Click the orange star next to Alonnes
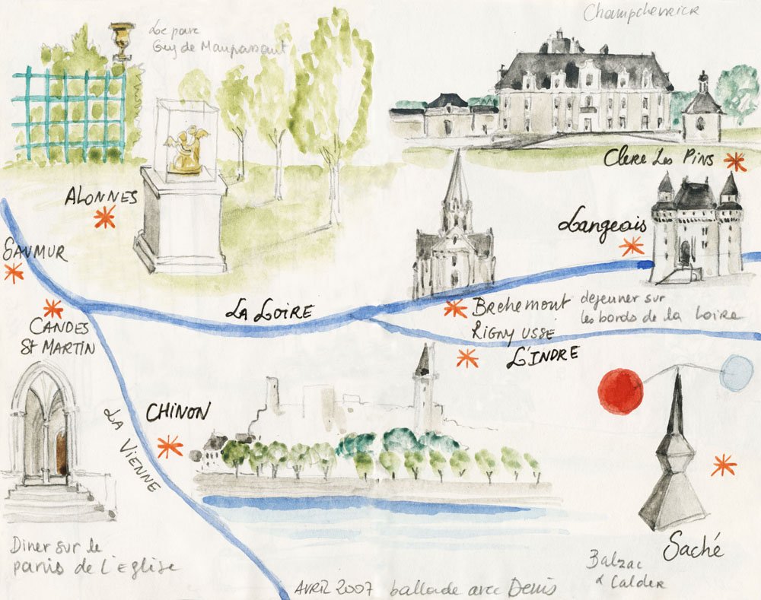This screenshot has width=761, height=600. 103,218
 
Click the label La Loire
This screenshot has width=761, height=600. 260,310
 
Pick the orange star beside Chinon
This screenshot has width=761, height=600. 169,446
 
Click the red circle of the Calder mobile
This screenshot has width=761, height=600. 621,392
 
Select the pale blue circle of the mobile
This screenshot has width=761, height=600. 736,374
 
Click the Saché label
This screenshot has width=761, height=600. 693,546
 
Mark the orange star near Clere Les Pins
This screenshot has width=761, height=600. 735,161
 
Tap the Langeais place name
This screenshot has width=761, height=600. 602,224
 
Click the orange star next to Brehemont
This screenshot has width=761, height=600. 455,308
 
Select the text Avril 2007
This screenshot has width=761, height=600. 333,588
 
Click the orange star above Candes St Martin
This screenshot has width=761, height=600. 53,309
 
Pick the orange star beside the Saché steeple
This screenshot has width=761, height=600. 723,464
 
